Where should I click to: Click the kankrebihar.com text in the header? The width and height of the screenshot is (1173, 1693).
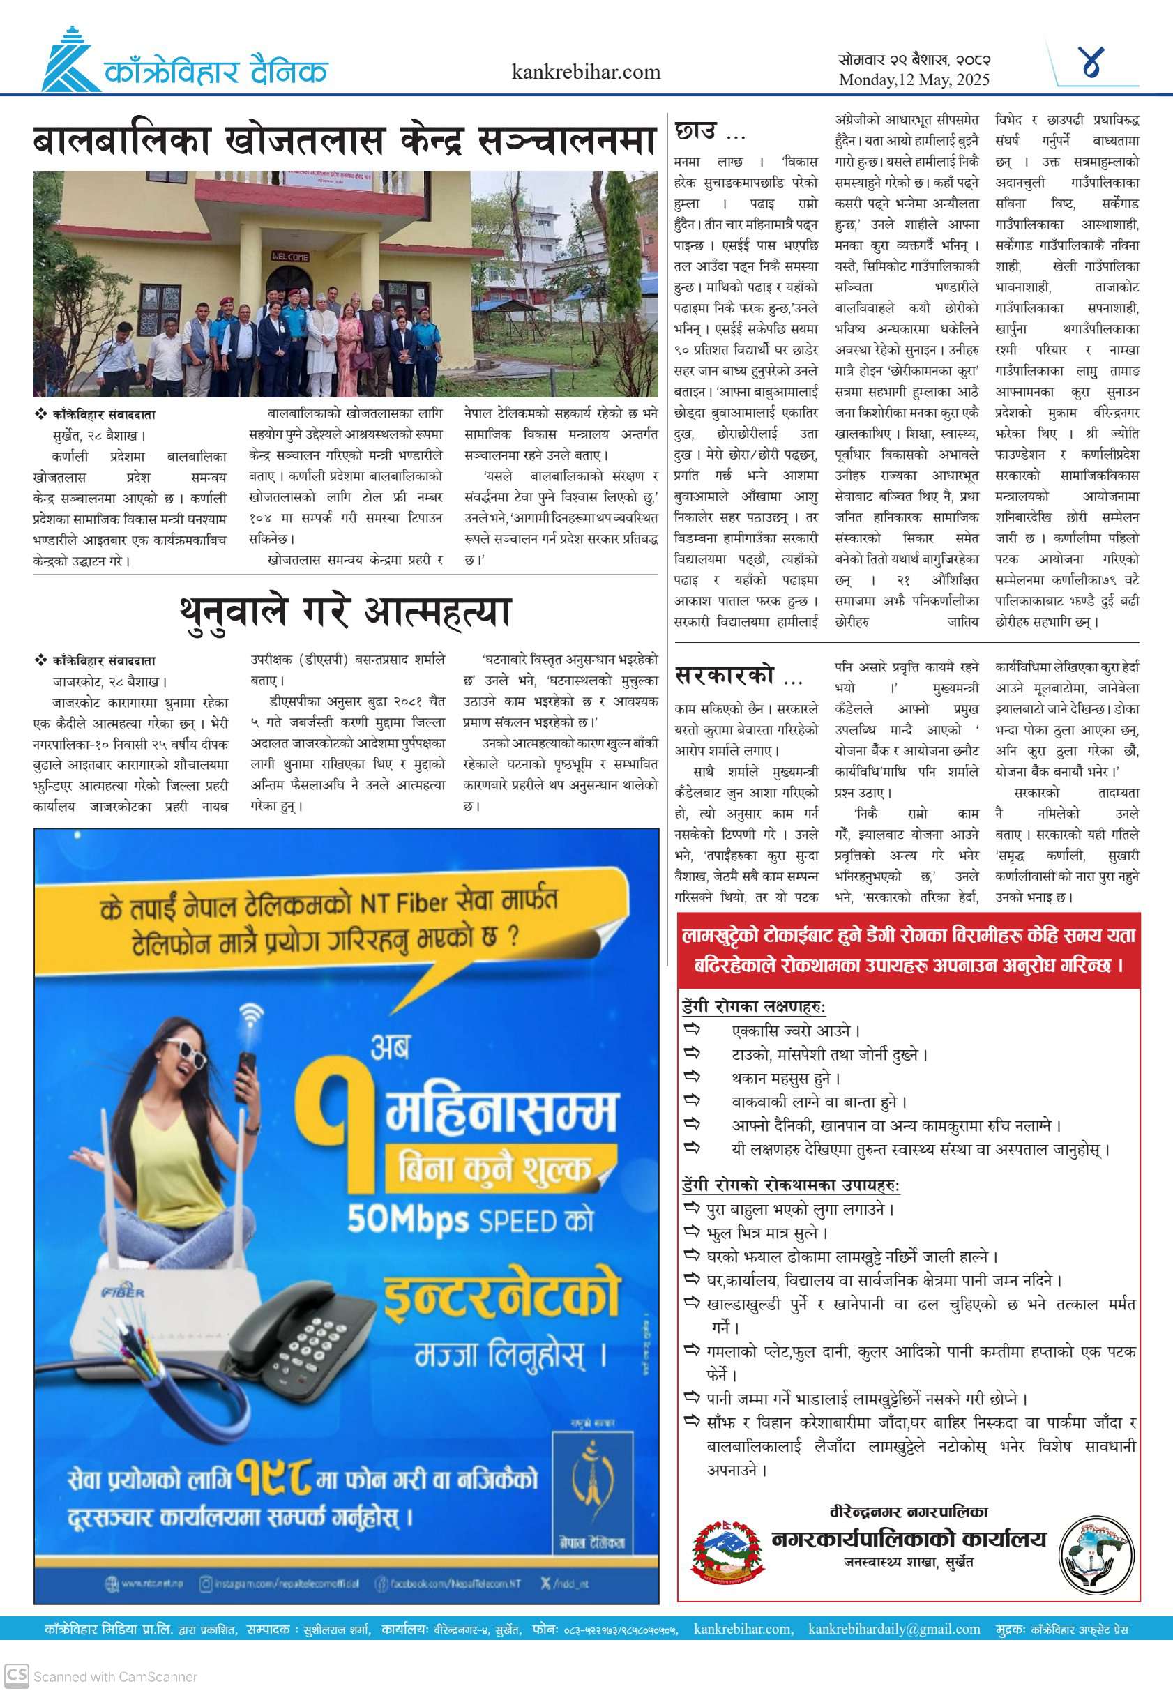pyautogui.click(x=586, y=72)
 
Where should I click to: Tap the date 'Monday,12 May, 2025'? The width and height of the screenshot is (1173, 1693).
pyautogui.click(x=914, y=80)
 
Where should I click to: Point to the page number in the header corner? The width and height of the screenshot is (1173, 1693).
pyautogui.click(x=1093, y=63)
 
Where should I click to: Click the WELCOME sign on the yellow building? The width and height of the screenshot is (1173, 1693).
pyautogui.click(x=290, y=257)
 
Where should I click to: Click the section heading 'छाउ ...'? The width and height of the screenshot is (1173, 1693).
pyautogui.click(x=709, y=133)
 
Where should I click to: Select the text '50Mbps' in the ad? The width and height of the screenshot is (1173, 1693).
pyautogui.click(x=407, y=1219)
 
